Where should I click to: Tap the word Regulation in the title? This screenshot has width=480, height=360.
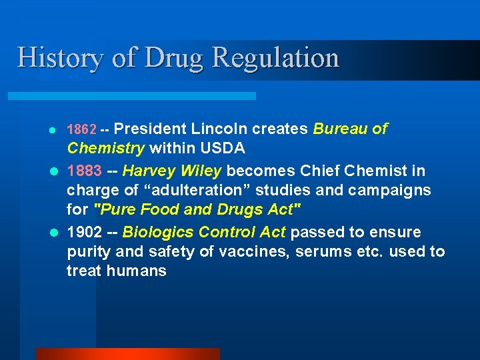click(x=275, y=58)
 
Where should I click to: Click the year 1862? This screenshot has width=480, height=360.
click(x=82, y=129)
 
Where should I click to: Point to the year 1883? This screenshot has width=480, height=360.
click(x=84, y=171)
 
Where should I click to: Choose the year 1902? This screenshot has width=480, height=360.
click(x=84, y=233)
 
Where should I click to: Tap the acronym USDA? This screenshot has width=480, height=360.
click(x=223, y=147)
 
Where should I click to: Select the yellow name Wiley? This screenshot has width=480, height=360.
click(x=201, y=171)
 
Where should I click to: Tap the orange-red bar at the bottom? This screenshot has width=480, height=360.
click(x=127, y=353)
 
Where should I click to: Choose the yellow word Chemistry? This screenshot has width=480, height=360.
click(x=106, y=147)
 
